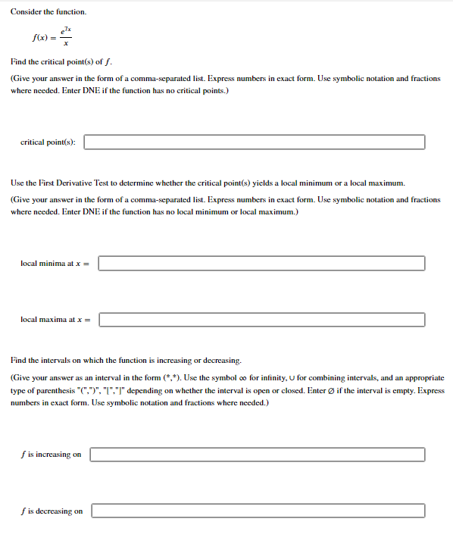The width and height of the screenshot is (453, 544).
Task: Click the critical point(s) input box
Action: point(254,142)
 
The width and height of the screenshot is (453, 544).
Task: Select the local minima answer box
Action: point(261,263)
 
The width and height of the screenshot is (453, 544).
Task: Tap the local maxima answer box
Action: point(261,320)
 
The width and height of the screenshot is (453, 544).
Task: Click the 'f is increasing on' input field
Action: point(258,455)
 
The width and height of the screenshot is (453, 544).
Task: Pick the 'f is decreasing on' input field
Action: point(258,511)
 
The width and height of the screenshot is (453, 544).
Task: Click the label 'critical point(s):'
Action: point(48,142)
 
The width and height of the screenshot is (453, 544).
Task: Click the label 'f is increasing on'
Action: point(51,455)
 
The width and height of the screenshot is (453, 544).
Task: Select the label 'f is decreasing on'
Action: point(52,511)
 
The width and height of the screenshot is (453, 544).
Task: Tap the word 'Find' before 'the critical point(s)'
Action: point(19,61)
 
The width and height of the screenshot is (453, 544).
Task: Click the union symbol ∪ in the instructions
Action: point(336,377)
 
